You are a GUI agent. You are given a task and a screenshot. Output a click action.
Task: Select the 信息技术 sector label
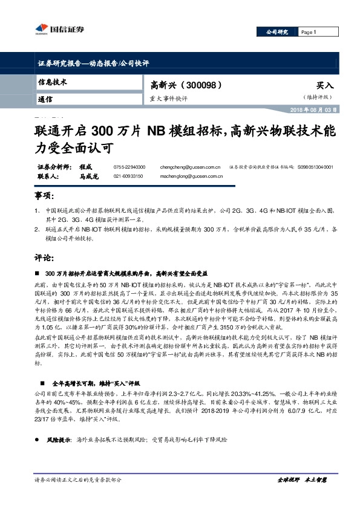(52, 81)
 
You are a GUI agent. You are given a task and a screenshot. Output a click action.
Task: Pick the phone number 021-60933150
(128, 175)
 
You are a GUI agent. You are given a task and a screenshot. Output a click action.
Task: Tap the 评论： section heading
(44, 257)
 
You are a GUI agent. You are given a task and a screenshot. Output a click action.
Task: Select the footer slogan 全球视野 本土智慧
(301, 480)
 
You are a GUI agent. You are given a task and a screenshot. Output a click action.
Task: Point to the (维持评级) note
(316, 97)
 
